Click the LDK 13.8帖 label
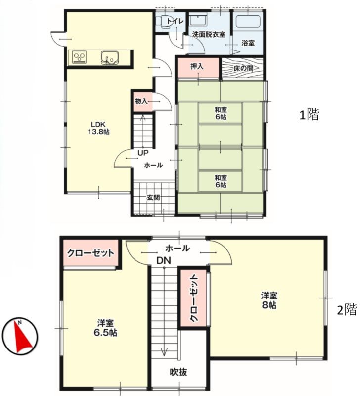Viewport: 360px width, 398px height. click(x=99, y=128)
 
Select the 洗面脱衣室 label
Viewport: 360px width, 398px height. click(x=209, y=35)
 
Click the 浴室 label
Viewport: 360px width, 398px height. click(x=248, y=43)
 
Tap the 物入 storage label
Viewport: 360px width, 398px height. click(x=141, y=101)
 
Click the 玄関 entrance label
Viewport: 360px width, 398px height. click(x=153, y=197)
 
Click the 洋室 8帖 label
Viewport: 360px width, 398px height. click(x=270, y=300)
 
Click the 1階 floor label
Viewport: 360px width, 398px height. click(x=309, y=115)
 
